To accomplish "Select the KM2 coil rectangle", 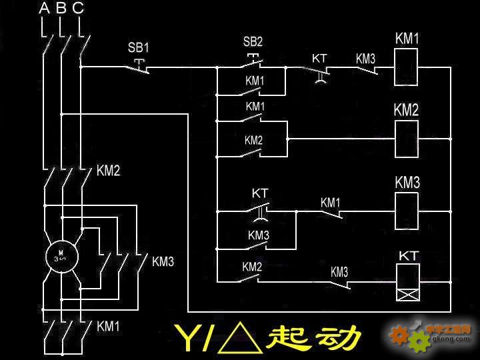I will (407, 139).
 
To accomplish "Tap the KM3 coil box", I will (407, 211).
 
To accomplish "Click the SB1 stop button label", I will (139, 48).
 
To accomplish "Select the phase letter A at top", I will (45, 9).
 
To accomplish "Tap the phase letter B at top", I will (61, 9).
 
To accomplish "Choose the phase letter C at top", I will (78, 9).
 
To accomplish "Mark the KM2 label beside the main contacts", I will (108, 171).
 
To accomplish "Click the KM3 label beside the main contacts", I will (163, 261).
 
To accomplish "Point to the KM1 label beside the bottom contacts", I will (108, 326).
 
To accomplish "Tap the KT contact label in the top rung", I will (319, 59).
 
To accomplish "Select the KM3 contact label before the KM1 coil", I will (365, 59).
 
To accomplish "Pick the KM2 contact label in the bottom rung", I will (252, 267).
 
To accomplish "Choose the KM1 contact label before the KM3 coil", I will (331, 202).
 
